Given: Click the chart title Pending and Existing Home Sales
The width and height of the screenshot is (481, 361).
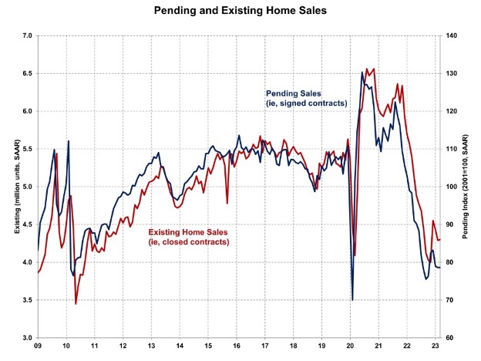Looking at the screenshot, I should click(x=240, y=12).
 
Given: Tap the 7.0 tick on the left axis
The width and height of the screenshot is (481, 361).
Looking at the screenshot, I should click(x=25, y=35).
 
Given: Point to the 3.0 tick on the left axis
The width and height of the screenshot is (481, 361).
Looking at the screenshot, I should click(x=25, y=338).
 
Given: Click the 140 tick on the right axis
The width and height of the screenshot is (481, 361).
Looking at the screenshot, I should click(x=450, y=35).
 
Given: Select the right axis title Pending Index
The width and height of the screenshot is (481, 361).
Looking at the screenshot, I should click(x=466, y=187).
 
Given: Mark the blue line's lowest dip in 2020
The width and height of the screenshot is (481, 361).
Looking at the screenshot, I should click(x=352, y=299).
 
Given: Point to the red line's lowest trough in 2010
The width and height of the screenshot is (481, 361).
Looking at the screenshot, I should click(x=76, y=304).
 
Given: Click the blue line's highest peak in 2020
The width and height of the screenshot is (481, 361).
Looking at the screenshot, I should click(x=362, y=73).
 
